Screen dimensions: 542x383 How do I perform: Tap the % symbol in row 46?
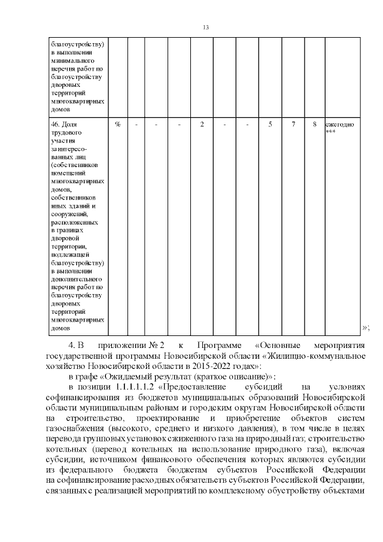[118, 124]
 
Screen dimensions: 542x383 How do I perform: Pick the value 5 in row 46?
[270, 124]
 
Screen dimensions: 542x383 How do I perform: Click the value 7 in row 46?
[293, 124]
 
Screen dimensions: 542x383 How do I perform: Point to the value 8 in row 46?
[314, 124]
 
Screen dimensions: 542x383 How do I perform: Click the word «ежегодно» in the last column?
[340, 124]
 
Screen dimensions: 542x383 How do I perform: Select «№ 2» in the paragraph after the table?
[157, 346]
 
